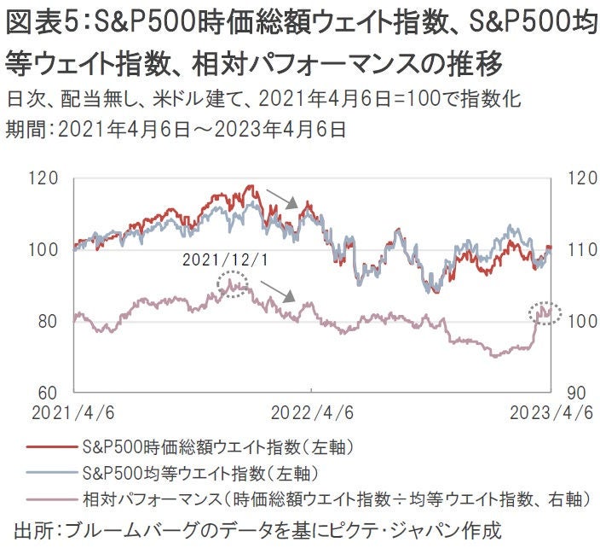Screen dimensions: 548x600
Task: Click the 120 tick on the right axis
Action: pos(574,179)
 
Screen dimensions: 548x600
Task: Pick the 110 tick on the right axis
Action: pos(574,250)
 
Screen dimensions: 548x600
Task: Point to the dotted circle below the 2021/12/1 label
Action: pos(233,283)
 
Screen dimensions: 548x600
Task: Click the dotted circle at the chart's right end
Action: pos(544,312)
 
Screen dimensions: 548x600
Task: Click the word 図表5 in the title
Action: pos(37,23)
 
